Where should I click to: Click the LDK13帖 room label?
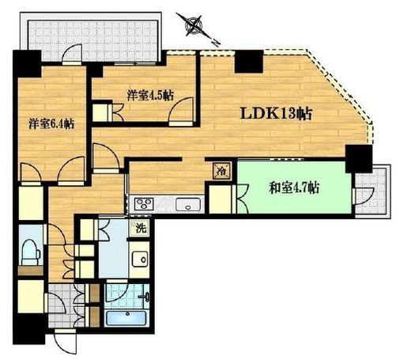[x=276, y=114]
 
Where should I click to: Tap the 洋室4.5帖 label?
[x=150, y=96]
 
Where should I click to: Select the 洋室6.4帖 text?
[x=51, y=123]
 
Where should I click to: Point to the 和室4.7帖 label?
[x=294, y=188]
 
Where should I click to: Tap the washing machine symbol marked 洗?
[x=141, y=228]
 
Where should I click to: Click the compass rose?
[x=194, y=25]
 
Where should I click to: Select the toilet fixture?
[x=31, y=252]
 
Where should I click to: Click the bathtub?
[x=126, y=318]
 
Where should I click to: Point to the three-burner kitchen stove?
[x=144, y=204]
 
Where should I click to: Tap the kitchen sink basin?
[x=188, y=204]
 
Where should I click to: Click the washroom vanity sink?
[x=140, y=259]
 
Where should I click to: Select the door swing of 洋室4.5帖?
[x=182, y=110]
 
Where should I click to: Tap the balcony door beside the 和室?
[x=364, y=196]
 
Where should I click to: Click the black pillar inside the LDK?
[x=249, y=61]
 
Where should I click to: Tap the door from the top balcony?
[x=72, y=54]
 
